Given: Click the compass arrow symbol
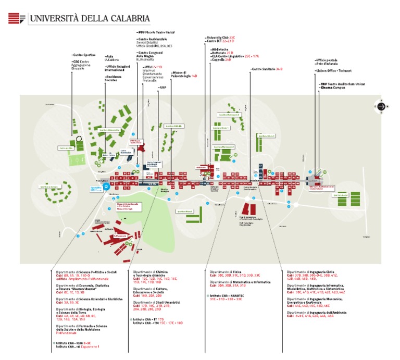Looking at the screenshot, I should pyautogui.click(x=381, y=107).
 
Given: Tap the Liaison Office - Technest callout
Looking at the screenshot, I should pyautogui.click(x=334, y=70).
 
